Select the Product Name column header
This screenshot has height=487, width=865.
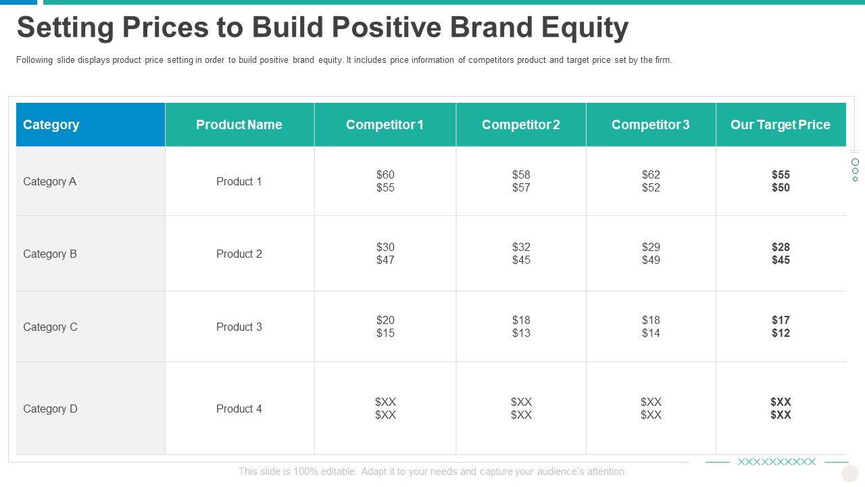click(x=239, y=124)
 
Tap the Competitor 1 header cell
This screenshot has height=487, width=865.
click(x=385, y=124)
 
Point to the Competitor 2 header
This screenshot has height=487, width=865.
click(x=520, y=124)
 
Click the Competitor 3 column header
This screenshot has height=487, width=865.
click(x=650, y=124)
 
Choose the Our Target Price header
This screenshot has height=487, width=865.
click(x=780, y=124)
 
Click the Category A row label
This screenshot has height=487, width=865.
click(x=49, y=181)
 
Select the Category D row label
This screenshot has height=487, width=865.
click(x=50, y=409)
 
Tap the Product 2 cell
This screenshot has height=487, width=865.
click(x=239, y=254)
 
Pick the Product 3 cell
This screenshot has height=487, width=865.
click(x=239, y=327)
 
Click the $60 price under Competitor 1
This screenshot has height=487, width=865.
click(x=385, y=175)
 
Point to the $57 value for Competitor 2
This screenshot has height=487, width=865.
click(x=521, y=187)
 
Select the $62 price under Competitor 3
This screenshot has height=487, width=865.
click(x=651, y=175)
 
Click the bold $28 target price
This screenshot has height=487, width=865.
click(x=781, y=247)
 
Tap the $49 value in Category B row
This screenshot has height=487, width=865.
click(x=651, y=260)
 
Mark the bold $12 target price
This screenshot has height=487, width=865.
click(x=781, y=333)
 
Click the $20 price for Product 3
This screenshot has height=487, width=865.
click(x=385, y=320)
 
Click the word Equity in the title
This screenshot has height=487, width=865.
click(x=585, y=28)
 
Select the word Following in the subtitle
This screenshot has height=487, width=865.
click(x=34, y=60)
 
